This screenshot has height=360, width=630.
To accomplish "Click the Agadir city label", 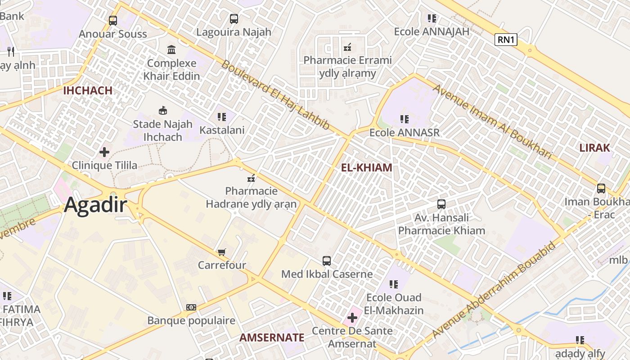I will (x=95, y=205).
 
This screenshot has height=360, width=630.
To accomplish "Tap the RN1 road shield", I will (x=506, y=40).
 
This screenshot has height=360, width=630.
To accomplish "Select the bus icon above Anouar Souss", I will (x=113, y=20).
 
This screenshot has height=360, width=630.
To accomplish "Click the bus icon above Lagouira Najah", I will (x=234, y=18).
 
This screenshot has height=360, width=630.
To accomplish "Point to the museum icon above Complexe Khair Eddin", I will (x=171, y=49).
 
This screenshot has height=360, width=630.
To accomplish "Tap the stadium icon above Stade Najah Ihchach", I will (x=163, y=110).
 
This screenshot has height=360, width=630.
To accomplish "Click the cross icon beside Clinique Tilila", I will (x=104, y=152).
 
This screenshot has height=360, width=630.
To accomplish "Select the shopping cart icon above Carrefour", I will (x=221, y=252).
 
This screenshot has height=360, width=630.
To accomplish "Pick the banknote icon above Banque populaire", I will (x=191, y=307).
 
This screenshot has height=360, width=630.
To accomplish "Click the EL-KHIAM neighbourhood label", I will (x=366, y=168).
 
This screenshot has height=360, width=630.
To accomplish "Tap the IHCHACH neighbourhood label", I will (x=88, y=90).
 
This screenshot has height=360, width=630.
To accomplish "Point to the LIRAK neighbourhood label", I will (x=594, y=148).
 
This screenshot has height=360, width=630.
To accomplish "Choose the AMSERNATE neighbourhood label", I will (x=272, y=337).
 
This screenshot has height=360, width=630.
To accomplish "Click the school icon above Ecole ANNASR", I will (x=405, y=119).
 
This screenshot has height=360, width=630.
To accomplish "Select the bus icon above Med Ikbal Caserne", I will (x=327, y=261).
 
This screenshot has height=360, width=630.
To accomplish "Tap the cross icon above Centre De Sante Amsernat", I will (x=352, y=318).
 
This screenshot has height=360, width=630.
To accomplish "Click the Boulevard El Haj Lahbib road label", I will (x=276, y=95).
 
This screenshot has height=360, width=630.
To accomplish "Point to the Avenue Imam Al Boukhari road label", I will (x=492, y=121).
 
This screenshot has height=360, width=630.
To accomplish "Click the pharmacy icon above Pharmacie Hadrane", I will (x=252, y=179).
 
